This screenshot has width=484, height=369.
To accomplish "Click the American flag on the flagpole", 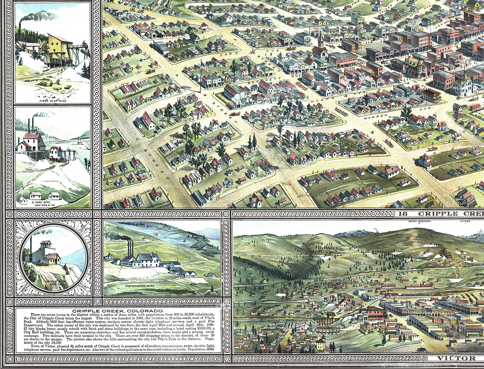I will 205,68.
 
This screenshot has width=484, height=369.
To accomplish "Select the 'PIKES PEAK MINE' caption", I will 53,101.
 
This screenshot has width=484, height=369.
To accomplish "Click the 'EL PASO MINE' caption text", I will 41,202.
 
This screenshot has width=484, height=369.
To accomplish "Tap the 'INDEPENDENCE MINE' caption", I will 140,286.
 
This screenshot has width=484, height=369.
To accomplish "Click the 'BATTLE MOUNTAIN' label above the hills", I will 419,221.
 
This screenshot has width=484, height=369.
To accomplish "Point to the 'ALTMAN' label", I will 465,221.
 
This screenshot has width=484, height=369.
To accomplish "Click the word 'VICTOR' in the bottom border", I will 456,358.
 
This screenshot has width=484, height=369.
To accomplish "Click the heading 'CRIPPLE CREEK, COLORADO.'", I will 118,311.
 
